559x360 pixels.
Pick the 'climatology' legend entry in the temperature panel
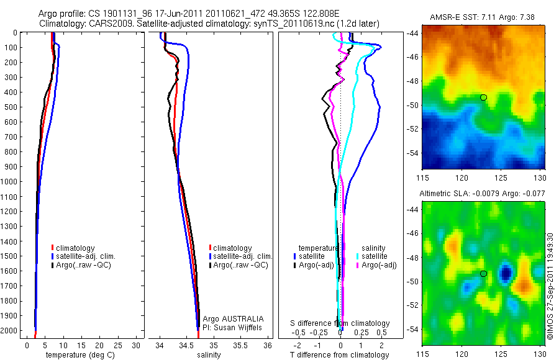(x=77, y=248)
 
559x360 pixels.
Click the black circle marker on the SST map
(x=483, y=97)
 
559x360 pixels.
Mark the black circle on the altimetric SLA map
(x=483, y=274)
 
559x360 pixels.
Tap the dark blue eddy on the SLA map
(x=507, y=272)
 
